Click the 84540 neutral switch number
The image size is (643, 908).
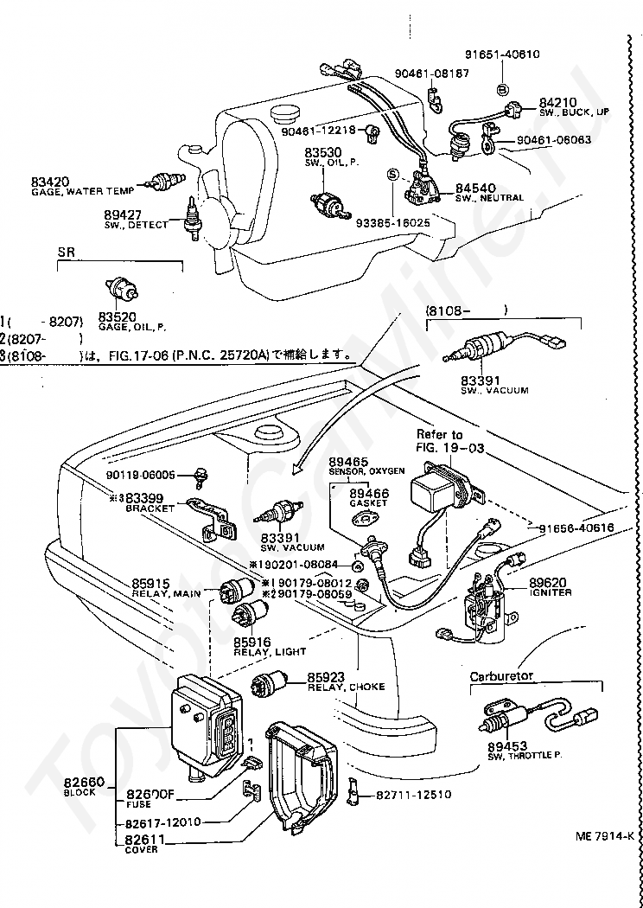pyautogui.click(x=476, y=187)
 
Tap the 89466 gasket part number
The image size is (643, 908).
pyautogui.click(x=369, y=492)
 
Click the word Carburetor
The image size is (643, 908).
pyautogui.click(x=503, y=675)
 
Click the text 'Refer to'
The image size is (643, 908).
pyautogui.click(x=439, y=434)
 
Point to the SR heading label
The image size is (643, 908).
pyautogui.click(x=67, y=252)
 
